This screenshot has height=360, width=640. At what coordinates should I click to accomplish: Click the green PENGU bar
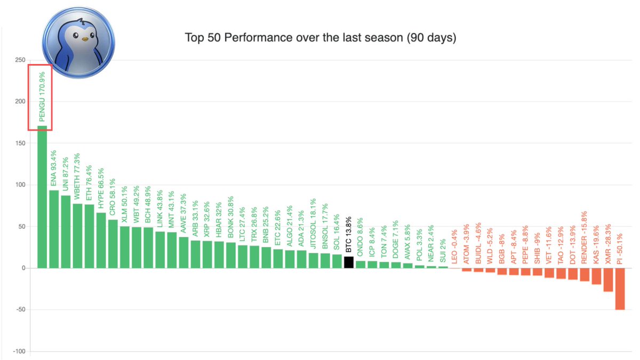(x=42, y=197)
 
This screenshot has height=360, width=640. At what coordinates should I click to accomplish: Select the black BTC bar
(x=349, y=262)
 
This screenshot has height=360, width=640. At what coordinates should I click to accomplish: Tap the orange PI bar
(x=620, y=289)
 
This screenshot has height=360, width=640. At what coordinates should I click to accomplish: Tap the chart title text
(x=320, y=38)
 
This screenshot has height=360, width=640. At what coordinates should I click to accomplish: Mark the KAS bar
(x=596, y=276)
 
